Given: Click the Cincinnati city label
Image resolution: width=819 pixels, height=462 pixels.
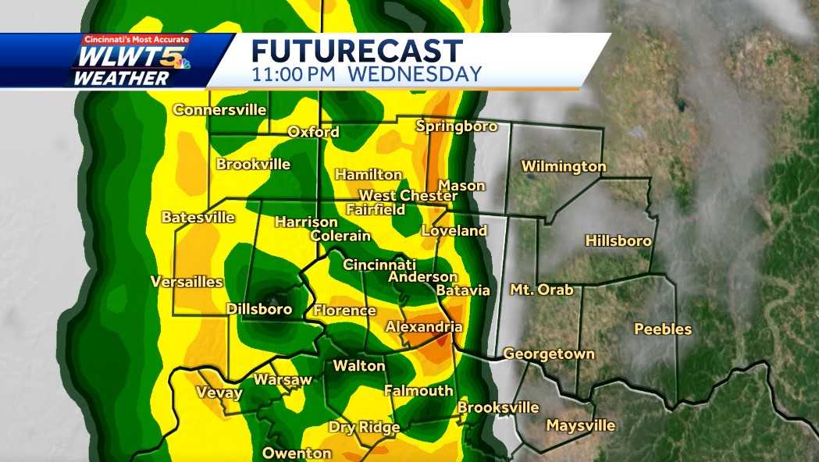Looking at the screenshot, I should click(x=379, y=265).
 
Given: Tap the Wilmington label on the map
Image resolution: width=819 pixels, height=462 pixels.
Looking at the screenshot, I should click(x=564, y=166).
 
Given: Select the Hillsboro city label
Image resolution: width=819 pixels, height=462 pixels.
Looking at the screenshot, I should click(x=618, y=241).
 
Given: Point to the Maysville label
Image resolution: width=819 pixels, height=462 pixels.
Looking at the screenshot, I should click(x=581, y=426).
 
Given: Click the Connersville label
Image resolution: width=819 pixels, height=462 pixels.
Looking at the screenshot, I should click(x=219, y=110).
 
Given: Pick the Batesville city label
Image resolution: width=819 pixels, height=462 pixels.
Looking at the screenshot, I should click(x=198, y=217).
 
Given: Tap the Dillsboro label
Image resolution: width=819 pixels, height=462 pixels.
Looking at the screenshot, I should click(x=259, y=309).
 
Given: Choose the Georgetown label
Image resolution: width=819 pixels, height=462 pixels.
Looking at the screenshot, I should click(x=549, y=354).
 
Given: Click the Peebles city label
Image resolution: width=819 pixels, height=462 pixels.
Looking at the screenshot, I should click(x=663, y=329).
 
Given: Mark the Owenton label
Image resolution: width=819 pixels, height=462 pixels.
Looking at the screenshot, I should click(x=297, y=453).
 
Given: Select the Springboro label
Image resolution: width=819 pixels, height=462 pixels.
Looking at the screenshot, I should click(x=457, y=126).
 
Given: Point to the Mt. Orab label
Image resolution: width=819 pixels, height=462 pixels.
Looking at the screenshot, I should click(x=542, y=290).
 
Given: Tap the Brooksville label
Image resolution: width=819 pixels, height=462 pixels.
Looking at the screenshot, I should click(x=498, y=407).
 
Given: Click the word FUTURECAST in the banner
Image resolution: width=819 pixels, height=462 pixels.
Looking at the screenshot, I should click(x=357, y=52).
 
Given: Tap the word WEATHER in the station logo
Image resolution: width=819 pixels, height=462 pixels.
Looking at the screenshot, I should click(x=121, y=78).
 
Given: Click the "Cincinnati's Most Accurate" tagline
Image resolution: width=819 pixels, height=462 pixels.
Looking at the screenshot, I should click(x=137, y=40).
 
